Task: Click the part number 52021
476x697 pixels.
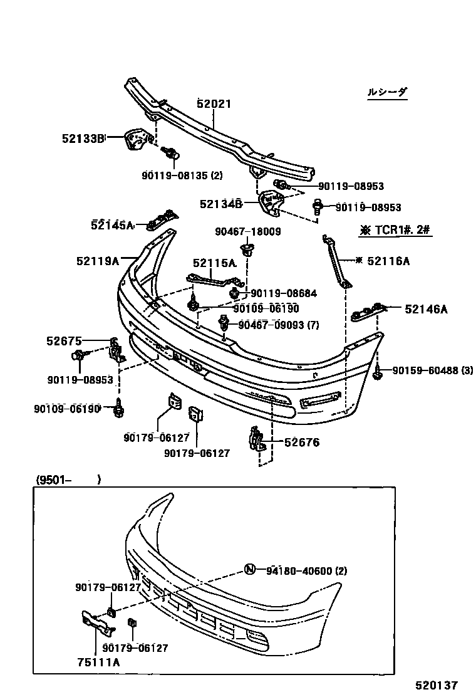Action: pyautogui.click(x=214, y=104)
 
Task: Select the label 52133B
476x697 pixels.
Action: pyautogui.click(x=82, y=139)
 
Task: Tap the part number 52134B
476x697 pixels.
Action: pyautogui.click(x=221, y=204)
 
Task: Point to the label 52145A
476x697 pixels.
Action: pyautogui.click(x=112, y=225)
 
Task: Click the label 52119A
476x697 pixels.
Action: pyautogui.click(x=98, y=260)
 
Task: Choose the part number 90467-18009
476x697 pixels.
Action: pyautogui.click(x=247, y=231)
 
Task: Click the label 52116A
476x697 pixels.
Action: pyautogui.click(x=388, y=260)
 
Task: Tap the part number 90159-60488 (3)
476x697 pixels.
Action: pyautogui.click(x=433, y=371)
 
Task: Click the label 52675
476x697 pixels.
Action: pyautogui.click(x=64, y=341)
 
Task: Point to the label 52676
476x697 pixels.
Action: pyautogui.click(x=302, y=443)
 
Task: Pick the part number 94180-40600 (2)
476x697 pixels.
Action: pyautogui.click(x=306, y=570)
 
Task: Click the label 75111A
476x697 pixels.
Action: pyautogui.click(x=99, y=662)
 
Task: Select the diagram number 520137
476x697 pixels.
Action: pyautogui.click(x=436, y=686)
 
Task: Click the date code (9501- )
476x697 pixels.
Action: pyautogui.click(x=68, y=480)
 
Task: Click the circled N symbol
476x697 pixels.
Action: pyautogui.click(x=250, y=570)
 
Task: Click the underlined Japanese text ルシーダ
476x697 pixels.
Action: pyautogui.click(x=387, y=92)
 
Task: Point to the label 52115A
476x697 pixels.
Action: pyautogui.click(x=214, y=263)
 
